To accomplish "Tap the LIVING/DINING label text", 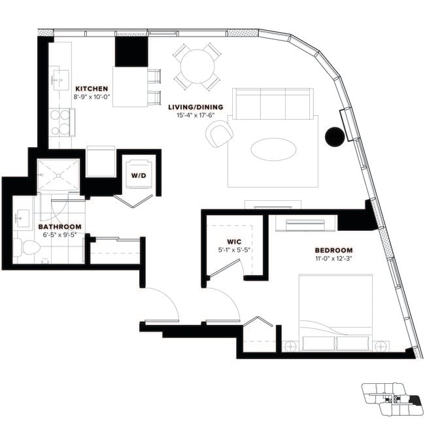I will pos(195,107).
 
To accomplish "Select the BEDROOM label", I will pos(333,250).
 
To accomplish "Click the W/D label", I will pos(138,175).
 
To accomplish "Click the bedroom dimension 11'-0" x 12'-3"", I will pos(333,259).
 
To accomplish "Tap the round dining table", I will pos(196,66).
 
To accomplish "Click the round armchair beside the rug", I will pos(219,134).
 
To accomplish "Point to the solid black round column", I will pos(334,136).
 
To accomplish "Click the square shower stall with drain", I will pos(58,175).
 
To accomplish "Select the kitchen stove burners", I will pos(59,122).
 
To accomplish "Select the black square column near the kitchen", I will pos(131,51).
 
